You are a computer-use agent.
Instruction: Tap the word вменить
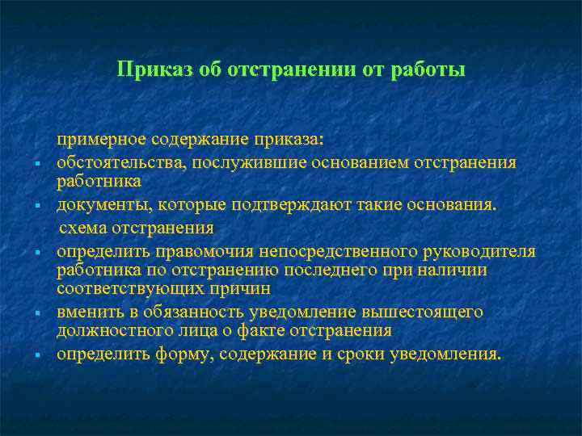click(x=86, y=312)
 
